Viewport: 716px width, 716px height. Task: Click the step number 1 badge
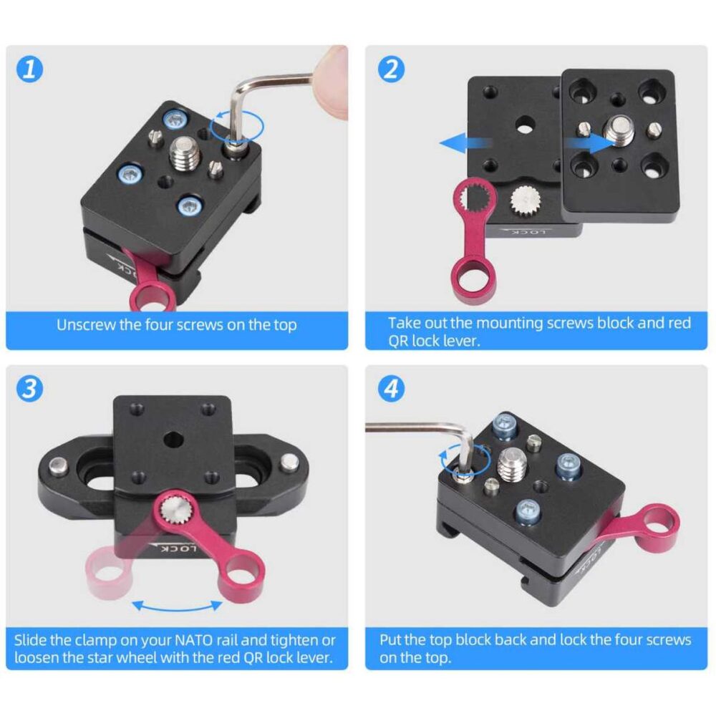click(29, 69)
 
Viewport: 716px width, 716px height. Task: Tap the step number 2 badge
click(392, 69)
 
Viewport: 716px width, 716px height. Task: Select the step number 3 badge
click(29, 389)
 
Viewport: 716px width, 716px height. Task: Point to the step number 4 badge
click(392, 389)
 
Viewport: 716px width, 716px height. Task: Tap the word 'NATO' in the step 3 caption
click(194, 640)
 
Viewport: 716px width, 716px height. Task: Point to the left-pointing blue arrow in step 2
click(465, 143)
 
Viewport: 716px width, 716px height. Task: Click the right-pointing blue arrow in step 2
click(589, 142)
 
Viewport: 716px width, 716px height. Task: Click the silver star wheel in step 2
click(525, 200)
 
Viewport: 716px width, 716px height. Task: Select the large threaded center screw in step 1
click(185, 153)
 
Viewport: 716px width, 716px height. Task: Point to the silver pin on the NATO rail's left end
click(58, 468)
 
